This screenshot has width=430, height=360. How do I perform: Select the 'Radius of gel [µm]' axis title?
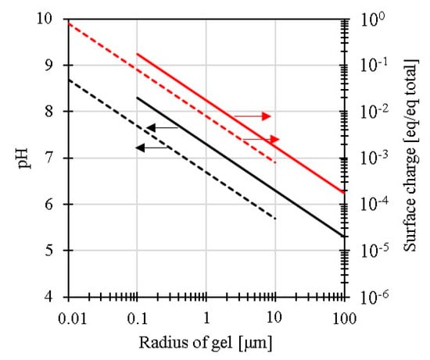(206, 341)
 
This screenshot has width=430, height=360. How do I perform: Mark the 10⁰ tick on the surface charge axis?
(371, 18)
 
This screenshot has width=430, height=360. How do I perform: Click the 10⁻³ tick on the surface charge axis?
(371, 157)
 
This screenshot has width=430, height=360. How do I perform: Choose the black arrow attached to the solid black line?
(163, 127)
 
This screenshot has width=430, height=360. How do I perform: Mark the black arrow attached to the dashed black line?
(151, 147)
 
